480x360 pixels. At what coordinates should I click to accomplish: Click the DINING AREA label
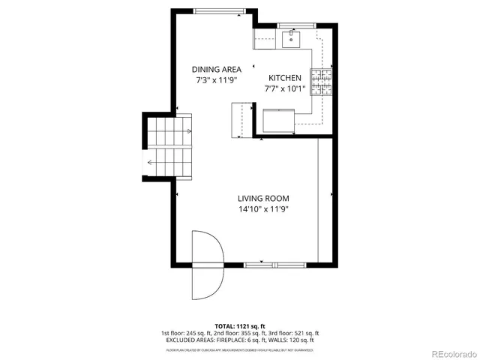pos(217,69)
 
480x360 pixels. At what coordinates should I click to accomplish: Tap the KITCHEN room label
pos(285,78)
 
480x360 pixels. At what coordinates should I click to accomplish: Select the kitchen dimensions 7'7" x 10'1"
pos(285,88)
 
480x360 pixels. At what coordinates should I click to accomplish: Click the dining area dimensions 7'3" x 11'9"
pos(217,79)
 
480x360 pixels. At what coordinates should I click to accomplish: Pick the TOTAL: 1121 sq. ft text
pos(240,326)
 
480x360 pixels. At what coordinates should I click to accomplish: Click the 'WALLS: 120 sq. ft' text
pos(297,340)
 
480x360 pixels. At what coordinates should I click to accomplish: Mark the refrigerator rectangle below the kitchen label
pos(278,120)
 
